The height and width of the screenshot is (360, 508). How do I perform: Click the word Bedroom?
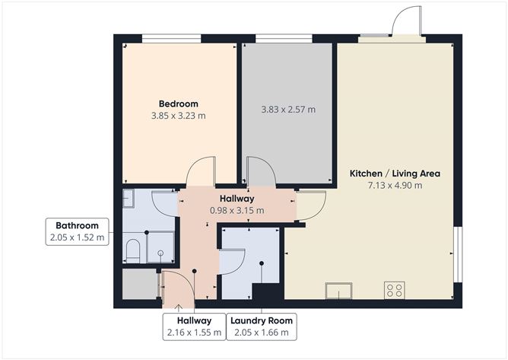[178, 104]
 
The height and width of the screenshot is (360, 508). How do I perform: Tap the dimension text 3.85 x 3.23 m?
[178, 116]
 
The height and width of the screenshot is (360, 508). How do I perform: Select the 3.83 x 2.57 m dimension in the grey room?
[287, 110]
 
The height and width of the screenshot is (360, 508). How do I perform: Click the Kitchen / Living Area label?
[395, 174]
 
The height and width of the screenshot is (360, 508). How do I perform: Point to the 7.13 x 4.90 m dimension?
[395, 185]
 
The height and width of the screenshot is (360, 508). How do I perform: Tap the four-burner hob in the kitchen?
[395, 289]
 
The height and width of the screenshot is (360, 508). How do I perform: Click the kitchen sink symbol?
[338, 290]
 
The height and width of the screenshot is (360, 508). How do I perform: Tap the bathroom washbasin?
[127, 199]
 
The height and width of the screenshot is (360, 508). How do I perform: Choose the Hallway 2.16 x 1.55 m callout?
[194, 327]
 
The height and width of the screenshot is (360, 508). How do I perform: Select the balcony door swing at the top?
[406, 21]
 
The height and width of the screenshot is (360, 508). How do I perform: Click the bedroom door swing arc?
[202, 170]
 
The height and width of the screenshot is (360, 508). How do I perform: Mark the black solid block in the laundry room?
[266, 292]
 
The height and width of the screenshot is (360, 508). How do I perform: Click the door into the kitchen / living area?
[310, 205]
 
